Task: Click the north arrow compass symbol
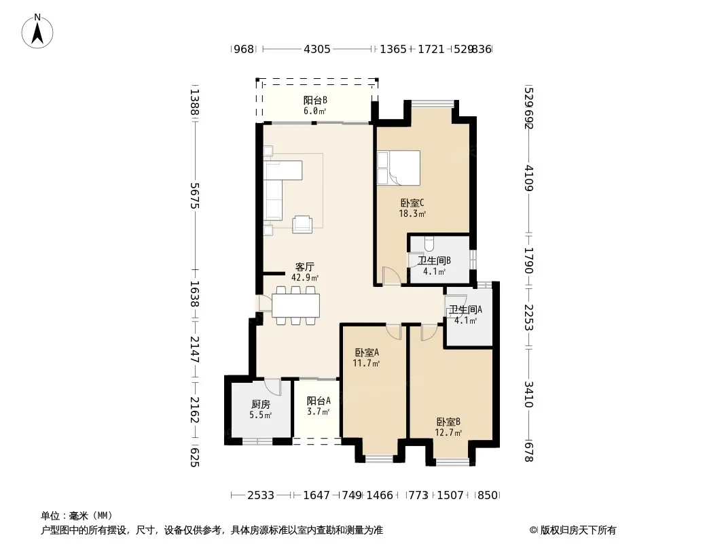tap(37, 31)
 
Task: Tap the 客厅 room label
tap(305, 267)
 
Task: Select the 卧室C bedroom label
tap(412, 203)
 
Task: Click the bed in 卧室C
tap(399, 167)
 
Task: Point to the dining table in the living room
tap(295, 305)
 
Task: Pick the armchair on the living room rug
tap(302, 224)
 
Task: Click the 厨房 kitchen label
tap(260, 405)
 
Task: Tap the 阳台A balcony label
tap(318, 401)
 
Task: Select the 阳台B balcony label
tap(315, 100)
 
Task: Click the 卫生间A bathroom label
tap(465, 309)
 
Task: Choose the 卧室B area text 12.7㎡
tap(448, 433)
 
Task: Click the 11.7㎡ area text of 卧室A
tap(366, 363)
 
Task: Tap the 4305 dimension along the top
tap(316, 49)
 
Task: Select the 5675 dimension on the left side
tap(195, 196)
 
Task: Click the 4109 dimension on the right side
tap(529, 178)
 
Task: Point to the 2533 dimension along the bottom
tap(261, 496)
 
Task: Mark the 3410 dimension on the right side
tap(529, 394)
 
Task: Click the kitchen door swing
tap(273, 386)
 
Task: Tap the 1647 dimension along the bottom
tap(316, 496)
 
